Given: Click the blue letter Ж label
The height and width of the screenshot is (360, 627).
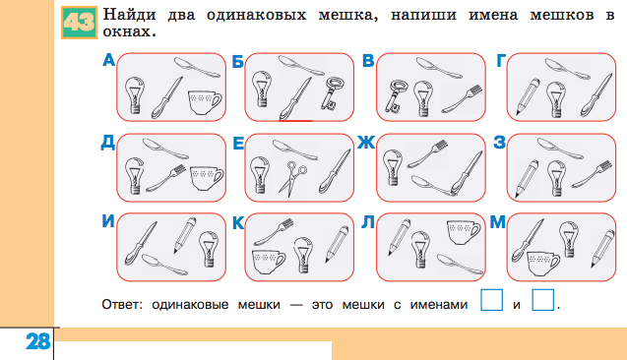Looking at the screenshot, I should [366, 144].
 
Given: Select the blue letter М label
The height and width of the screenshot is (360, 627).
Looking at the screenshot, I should [498, 222].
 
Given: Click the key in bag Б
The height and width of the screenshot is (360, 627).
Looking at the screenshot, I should [335, 95].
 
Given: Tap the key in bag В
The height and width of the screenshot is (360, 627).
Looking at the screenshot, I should [399, 96].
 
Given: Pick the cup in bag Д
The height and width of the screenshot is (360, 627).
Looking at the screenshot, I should [205, 178].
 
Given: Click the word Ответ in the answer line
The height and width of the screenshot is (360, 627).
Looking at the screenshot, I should [120, 304].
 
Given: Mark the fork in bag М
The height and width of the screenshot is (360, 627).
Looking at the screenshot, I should [597, 247].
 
